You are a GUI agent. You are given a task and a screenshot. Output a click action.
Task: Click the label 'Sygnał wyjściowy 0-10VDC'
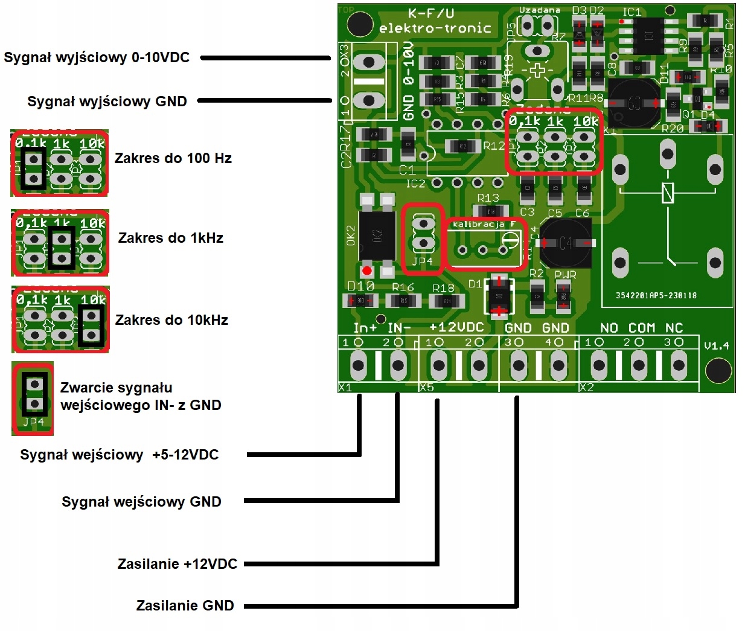click(97, 58)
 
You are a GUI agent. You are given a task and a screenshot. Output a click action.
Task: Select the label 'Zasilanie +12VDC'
click(177, 564)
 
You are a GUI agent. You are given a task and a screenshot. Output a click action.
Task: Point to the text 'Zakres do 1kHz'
click(170, 238)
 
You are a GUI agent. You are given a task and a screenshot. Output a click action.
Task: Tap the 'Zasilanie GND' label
click(185, 606)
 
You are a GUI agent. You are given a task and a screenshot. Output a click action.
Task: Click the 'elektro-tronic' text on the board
click(435, 28)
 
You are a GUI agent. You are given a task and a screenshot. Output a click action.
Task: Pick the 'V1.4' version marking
click(717, 346)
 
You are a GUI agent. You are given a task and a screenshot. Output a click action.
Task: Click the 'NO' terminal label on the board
click(609, 328)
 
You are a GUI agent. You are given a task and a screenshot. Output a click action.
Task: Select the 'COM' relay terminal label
click(642, 328)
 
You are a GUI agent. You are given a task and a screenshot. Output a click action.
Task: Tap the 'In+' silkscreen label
click(365, 328)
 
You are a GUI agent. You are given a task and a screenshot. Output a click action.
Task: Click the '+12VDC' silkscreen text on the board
click(456, 327)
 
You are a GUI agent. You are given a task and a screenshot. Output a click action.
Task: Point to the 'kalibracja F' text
click(484, 224)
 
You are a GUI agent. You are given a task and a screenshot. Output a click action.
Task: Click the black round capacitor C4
click(564, 243)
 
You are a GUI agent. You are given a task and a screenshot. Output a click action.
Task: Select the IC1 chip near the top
click(649, 36)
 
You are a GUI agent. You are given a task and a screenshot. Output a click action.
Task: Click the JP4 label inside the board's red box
click(423, 261)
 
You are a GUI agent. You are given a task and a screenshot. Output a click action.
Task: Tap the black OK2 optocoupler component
click(377, 235)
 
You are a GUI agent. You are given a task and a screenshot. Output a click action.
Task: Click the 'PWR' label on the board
click(565, 275)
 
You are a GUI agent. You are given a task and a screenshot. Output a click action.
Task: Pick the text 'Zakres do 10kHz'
click(171, 320)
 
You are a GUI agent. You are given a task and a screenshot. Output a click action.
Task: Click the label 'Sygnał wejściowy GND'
click(141, 502)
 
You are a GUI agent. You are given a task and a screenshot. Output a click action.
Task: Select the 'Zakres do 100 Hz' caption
click(173, 158)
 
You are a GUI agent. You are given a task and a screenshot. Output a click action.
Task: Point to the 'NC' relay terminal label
click(674, 328)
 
